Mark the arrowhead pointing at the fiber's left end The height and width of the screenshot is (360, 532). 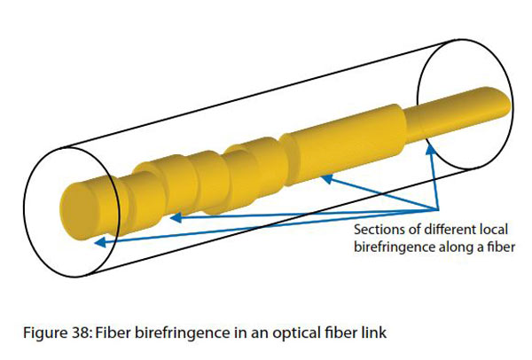click(x=98, y=240)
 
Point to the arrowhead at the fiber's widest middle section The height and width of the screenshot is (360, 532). click(x=325, y=177)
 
